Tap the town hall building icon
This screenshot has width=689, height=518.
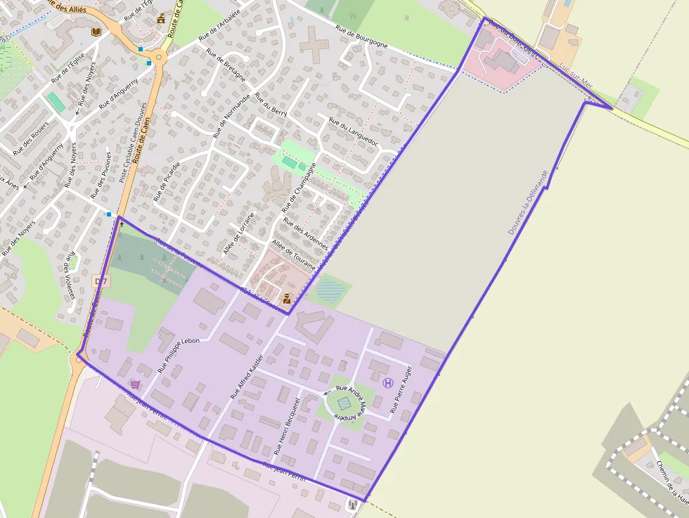point(162,18)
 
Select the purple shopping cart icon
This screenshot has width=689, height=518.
point(135,384)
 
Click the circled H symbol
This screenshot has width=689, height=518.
point(387,382)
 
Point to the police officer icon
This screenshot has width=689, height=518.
point(287,299)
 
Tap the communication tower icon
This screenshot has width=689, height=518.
point(354,503)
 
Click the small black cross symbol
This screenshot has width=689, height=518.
point(122,225)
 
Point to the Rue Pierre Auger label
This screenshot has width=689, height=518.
point(401,389)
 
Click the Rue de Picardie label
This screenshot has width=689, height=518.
point(167,181)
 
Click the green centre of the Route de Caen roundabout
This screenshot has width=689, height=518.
point(159,57)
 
